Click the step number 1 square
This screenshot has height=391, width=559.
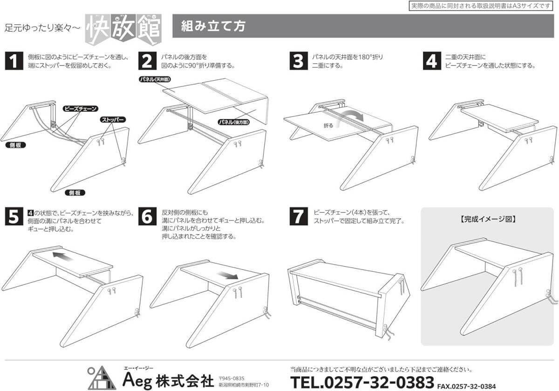(x=14, y=61)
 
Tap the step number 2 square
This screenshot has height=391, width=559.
(x=147, y=61)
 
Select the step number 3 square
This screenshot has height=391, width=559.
(x=299, y=61)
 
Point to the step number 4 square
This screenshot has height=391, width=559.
(x=432, y=61)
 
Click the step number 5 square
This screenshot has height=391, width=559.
(x=14, y=216)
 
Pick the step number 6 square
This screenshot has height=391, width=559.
(x=147, y=216)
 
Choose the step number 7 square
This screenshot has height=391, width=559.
(x=299, y=216)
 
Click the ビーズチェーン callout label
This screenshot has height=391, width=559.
(x=80, y=109)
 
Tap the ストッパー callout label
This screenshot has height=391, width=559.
(x=113, y=120)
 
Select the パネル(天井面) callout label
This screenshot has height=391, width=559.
(x=155, y=79)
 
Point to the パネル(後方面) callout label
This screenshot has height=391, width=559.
(x=233, y=122)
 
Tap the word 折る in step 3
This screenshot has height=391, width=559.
(x=328, y=125)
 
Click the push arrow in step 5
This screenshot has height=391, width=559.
(x=62, y=256)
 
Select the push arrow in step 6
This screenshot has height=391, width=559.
(x=227, y=275)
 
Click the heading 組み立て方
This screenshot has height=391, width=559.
(x=213, y=26)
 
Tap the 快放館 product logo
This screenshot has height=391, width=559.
(x=123, y=29)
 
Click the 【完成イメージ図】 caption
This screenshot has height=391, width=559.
(x=487, y=219)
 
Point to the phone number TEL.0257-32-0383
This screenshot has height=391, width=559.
(x=362, y=382)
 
